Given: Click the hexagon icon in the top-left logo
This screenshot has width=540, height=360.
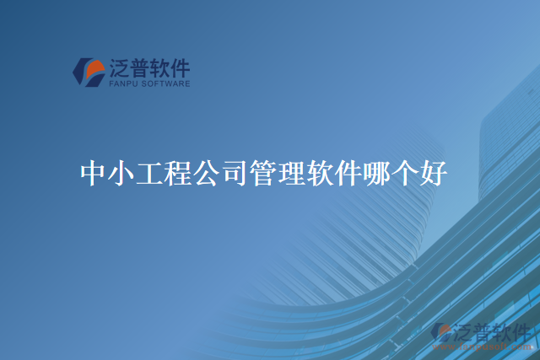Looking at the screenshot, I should [89, 72].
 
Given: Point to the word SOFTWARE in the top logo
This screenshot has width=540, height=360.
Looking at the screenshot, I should [166, 83].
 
